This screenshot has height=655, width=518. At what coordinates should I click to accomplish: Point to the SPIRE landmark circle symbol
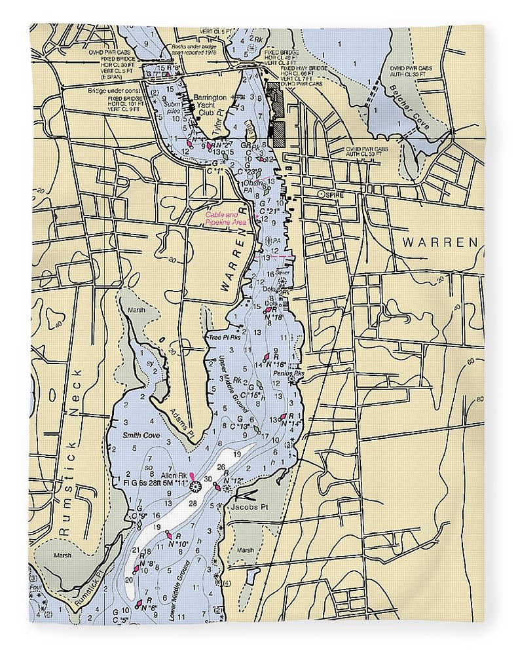(x=320, y=195)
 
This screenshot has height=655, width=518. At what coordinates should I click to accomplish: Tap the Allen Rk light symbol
(x=194, y=485)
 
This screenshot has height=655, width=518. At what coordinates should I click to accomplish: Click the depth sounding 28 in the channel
(x=193, y=502)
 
